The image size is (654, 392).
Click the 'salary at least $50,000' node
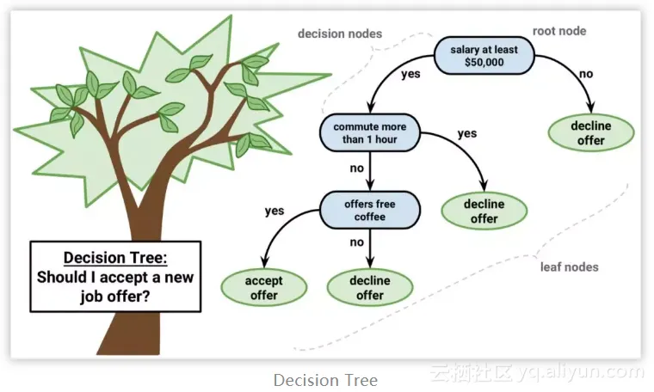coord(484,56)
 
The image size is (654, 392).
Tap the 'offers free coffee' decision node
coord(369,210)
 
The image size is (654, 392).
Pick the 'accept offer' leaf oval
coord(264,288)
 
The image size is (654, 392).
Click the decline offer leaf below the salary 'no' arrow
coord(591,132)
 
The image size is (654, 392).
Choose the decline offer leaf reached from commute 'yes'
coord(484,211)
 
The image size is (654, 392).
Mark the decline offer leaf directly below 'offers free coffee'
coord(370,288)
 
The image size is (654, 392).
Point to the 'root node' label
coord(560,31)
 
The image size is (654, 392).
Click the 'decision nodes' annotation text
coord(339,34)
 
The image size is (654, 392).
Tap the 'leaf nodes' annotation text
coord(569,266)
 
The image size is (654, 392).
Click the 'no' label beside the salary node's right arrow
coord(586,74)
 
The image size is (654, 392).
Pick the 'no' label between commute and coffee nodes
coord(356,168)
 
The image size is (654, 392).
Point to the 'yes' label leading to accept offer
coord(275,210)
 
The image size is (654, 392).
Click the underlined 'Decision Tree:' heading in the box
coord(115,258)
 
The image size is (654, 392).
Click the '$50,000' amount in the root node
coord(484,64)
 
